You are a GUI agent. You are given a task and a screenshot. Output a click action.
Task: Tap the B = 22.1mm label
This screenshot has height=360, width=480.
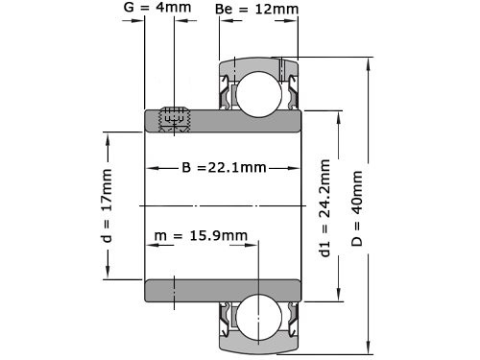click(x=224, y=169)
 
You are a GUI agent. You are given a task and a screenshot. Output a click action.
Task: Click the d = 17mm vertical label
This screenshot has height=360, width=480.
click(x=108, y=204)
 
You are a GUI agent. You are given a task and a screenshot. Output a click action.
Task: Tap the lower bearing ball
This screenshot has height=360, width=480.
click(x=258, y=316)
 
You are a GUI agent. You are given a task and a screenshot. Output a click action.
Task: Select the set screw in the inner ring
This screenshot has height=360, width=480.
click(x=174, y=118)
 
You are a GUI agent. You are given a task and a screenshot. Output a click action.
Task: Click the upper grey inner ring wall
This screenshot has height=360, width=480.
click(x=223, y=120)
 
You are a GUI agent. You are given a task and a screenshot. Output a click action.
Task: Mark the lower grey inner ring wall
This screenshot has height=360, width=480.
click(x=223, y=289)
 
